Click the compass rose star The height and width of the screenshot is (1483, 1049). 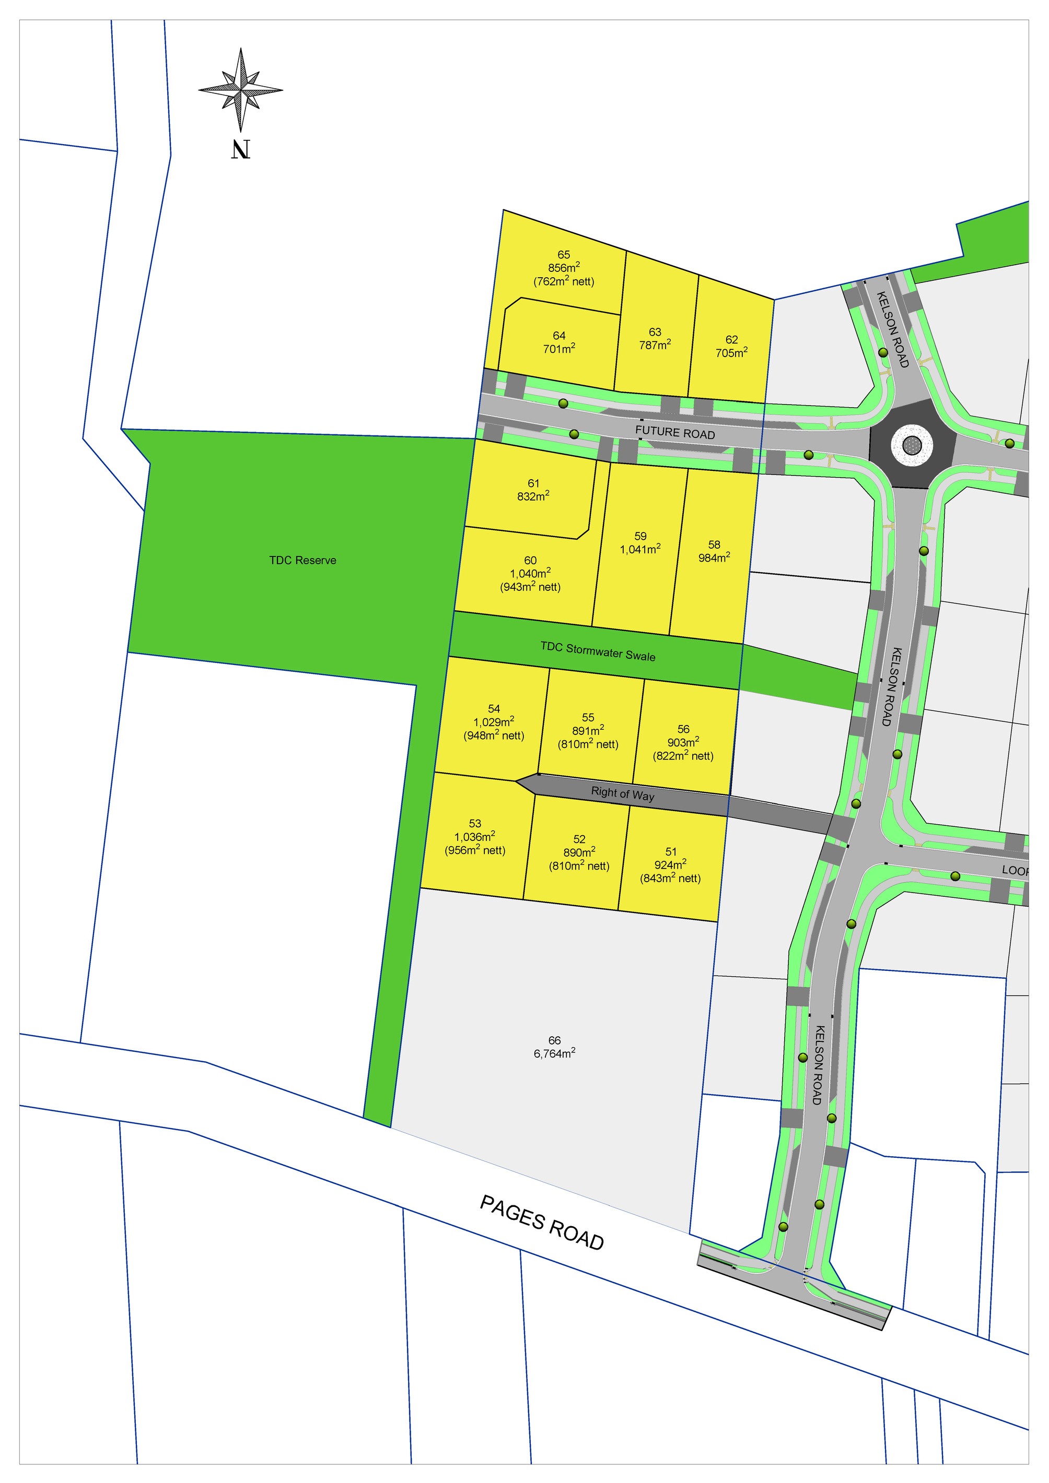240,89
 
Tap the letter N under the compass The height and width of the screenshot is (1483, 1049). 240,150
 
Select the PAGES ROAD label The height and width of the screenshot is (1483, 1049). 542,1222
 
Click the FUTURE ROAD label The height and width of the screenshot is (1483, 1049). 675,432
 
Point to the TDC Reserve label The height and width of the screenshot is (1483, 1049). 302,560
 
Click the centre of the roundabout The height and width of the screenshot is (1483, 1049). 912,444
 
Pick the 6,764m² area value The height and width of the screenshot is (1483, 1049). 555,1053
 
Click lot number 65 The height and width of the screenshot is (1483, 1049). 564,255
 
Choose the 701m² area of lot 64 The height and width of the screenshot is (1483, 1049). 559,349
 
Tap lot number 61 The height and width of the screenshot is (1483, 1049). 533,483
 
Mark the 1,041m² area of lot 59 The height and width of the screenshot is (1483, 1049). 640,549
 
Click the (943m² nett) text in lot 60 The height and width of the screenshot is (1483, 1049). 530,587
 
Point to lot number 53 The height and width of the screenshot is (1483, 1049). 475,824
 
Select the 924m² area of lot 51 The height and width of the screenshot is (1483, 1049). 670,865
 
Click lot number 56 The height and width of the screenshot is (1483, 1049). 683,729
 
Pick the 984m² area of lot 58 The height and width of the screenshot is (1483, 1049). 714,557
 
